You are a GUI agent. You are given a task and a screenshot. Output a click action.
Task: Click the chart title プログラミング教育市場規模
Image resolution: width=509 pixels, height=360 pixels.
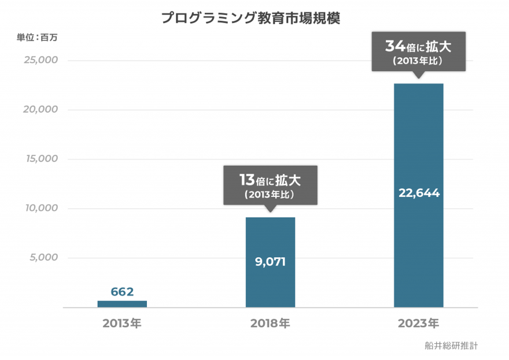(250, 17)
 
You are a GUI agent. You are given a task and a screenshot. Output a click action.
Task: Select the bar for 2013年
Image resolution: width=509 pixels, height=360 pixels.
(122, 304)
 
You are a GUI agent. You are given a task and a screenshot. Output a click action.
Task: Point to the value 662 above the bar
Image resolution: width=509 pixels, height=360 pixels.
(122, 292)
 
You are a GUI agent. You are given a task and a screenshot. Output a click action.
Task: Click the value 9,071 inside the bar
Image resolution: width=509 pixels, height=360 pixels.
(270, 261)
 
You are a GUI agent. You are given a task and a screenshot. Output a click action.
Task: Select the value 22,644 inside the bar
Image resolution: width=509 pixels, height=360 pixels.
(419, 194)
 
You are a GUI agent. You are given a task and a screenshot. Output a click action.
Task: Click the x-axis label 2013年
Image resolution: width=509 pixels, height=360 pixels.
(122, 323)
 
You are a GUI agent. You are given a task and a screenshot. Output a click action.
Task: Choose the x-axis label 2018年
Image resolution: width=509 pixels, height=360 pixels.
(270, 323)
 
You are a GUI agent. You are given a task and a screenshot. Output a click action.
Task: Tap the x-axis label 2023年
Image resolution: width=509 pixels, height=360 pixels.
(418, 323)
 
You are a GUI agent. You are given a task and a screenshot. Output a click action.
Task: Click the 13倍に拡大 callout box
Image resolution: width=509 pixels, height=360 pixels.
(270, 185)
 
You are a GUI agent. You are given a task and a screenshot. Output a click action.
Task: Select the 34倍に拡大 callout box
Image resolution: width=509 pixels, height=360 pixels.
(418, 51)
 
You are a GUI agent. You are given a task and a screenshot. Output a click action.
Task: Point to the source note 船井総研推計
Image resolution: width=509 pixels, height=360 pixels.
(451, 346)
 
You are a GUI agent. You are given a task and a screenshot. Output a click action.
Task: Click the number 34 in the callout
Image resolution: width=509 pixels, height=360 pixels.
(394, 45)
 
